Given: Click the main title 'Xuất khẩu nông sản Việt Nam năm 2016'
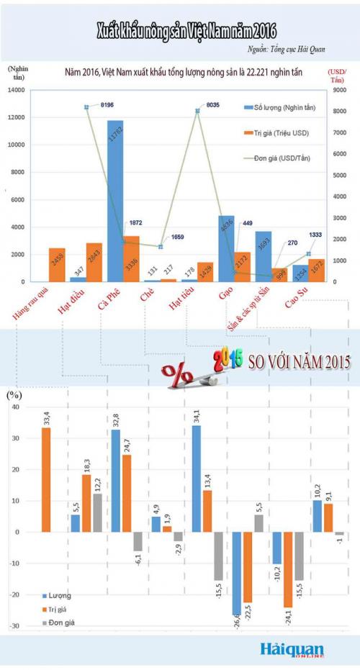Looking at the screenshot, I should click(186, 30).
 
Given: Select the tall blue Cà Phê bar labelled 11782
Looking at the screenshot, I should click(114, 201).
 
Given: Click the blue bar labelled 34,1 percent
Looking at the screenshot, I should click(197, 479).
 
